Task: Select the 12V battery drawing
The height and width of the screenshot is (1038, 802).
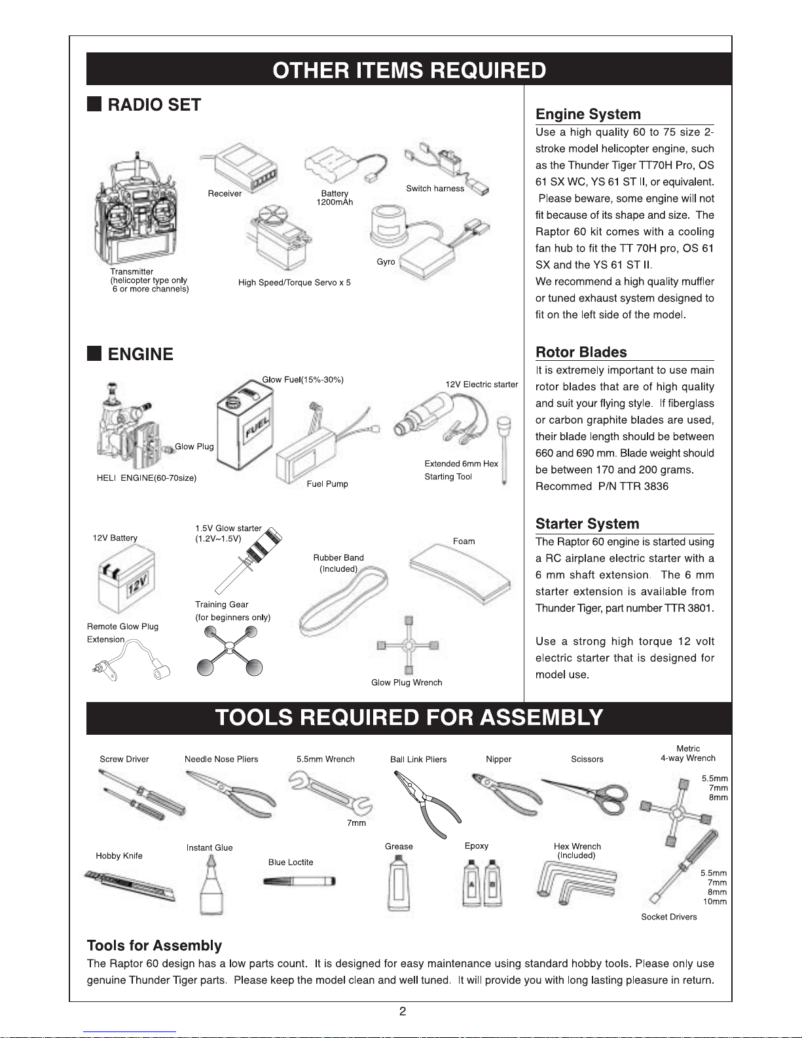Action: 126,579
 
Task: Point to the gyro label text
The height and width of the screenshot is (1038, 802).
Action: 386,262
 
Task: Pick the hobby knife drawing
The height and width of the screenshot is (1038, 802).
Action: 130,886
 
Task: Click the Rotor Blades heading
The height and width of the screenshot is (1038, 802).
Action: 581,352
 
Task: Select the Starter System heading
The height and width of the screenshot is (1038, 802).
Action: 587,524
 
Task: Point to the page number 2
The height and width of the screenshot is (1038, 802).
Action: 403,1012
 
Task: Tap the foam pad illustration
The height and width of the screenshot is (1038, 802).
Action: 460,572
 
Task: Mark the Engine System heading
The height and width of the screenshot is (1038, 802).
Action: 588,115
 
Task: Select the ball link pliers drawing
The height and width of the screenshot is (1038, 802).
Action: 426,802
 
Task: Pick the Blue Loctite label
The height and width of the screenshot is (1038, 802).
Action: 291,862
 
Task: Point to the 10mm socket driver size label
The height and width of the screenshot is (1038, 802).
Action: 715,902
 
